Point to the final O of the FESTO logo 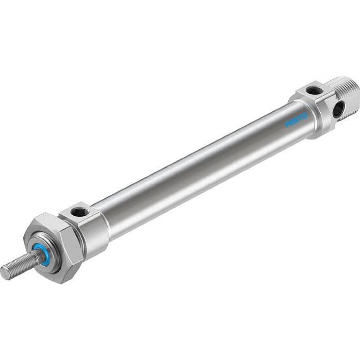tap(304, 116)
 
